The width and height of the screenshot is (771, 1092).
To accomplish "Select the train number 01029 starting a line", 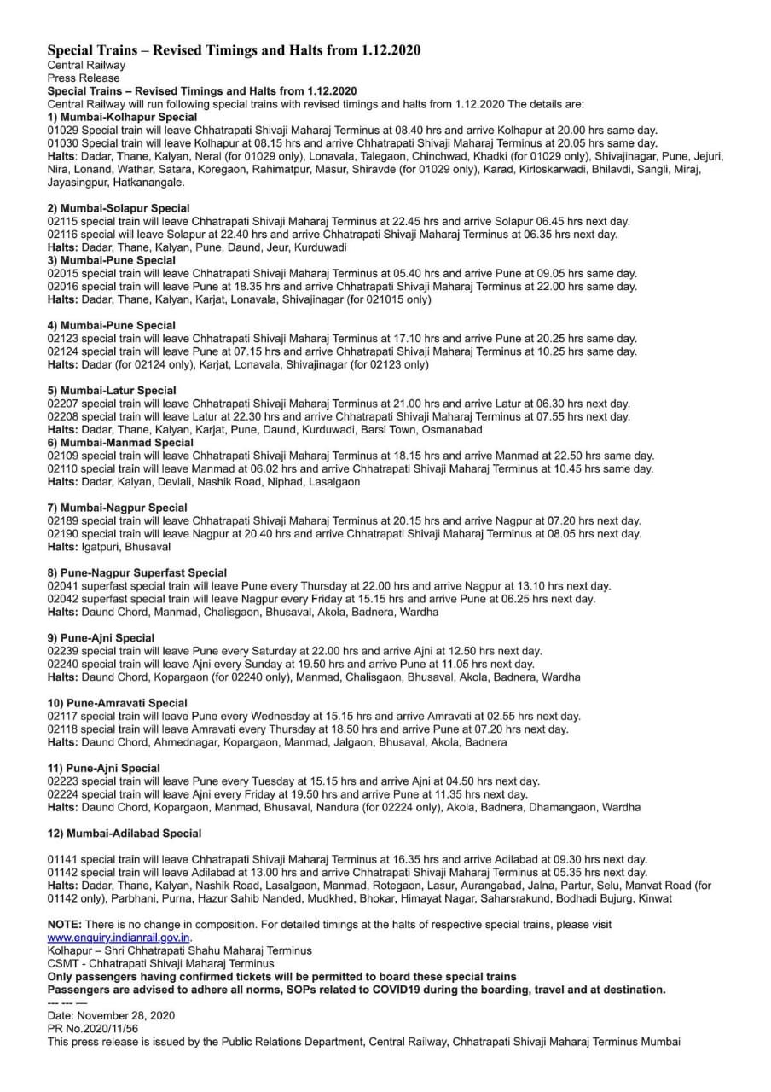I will click(x=63, y=130).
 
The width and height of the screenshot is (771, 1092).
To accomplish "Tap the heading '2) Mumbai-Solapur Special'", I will click(x=119, y=208).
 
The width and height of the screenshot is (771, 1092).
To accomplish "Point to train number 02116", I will click(x=63, y=235).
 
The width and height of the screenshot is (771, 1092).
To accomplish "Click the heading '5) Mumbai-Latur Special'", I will click(x=112, y=391).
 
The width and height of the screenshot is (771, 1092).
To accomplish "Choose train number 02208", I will click(x=63, y=416).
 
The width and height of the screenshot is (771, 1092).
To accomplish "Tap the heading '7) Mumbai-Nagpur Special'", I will click(x=117, y=508).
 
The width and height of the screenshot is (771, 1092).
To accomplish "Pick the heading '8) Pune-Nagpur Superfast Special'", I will click(x=137, y=573).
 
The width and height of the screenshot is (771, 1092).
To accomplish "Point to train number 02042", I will click(x=63, y=599).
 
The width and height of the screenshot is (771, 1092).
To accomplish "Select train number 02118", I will click(x=63, y=729).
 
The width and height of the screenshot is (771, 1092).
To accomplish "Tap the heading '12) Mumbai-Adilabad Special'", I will click(x=125, y=834).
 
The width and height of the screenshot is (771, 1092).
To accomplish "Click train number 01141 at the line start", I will click(x=63, y=859).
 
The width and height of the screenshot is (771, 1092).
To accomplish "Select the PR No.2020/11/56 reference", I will click(x=88, y=1029).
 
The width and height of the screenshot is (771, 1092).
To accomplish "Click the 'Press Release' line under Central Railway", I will click(x=84, y=78).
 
